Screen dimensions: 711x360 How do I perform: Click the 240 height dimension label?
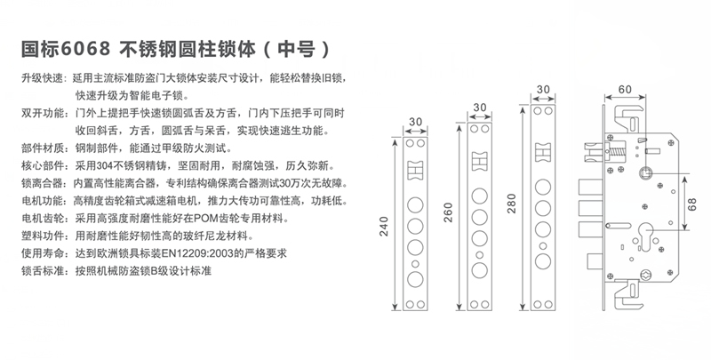coord(384,227)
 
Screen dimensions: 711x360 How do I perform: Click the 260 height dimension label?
coord(448,212)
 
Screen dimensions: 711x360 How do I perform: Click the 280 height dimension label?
coord(512,204)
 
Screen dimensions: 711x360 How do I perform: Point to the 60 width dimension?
coord(625,89)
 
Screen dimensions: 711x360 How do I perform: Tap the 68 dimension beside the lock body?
coord(691,204)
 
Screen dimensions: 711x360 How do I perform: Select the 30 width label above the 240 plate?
coord(415,122)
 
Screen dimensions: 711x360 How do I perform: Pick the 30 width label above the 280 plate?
coord(543,89)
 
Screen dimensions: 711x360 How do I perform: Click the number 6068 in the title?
coord(85,49)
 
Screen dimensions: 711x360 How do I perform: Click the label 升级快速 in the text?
coord(43,78)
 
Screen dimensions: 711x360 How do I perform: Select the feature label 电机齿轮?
coord(43,219)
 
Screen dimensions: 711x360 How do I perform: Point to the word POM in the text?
coord(204,219)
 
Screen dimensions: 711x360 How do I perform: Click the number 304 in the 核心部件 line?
coord(105,166)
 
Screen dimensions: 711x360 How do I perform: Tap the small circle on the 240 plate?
coord(415,264)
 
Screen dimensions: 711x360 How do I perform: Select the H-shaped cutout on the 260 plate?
coord(479,161)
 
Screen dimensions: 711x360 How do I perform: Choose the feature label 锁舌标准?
coord(43,271)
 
